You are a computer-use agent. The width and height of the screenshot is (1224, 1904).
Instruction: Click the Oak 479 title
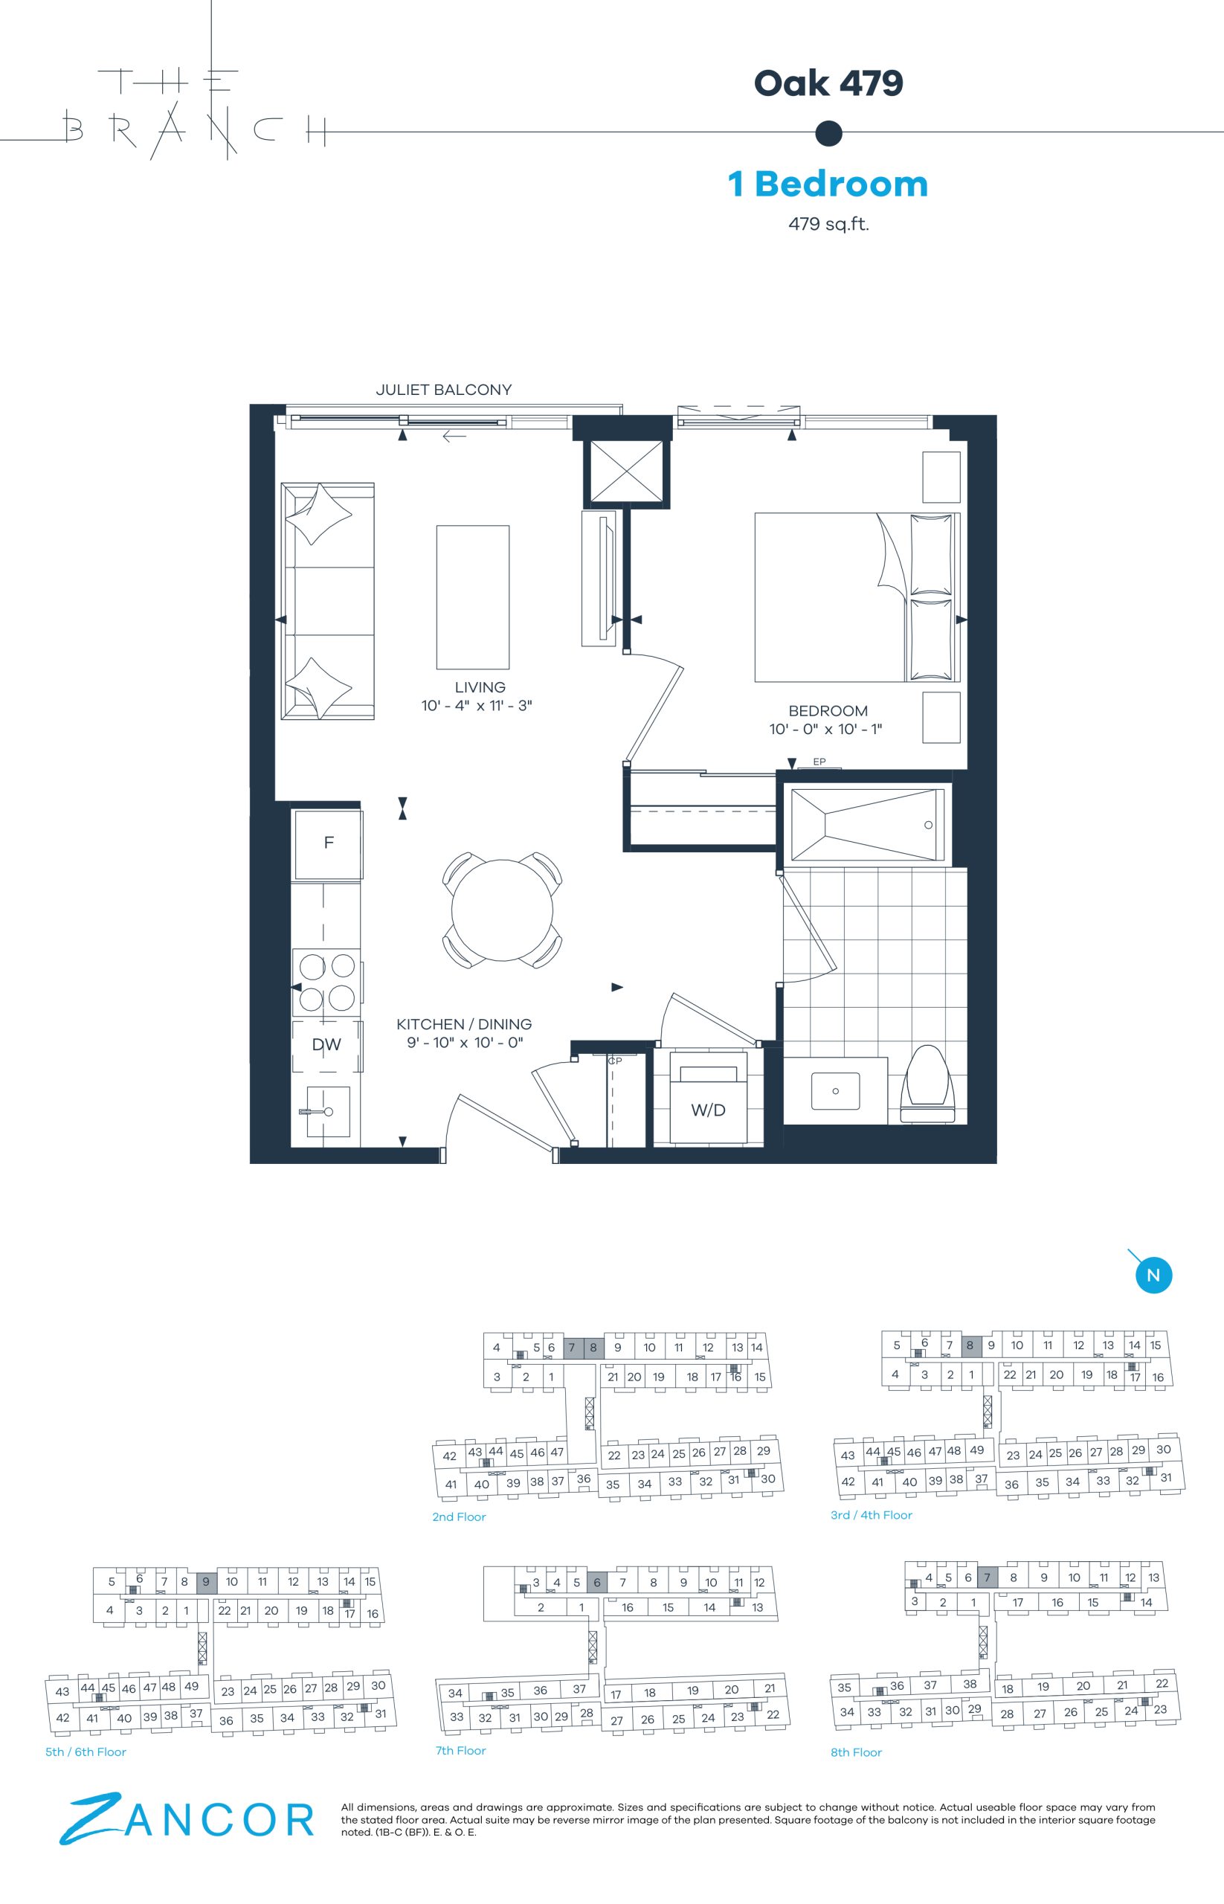point(828,83)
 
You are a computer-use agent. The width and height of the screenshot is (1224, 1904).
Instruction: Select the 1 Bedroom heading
point(828,184)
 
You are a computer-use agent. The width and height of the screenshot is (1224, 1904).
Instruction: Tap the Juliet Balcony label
point(443,390)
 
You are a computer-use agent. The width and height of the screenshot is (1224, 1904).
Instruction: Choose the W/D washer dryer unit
point(708,1098)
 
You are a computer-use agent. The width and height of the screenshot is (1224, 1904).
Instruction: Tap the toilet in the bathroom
point(927,1084)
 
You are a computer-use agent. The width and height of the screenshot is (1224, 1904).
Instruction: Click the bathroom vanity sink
point(835,1091)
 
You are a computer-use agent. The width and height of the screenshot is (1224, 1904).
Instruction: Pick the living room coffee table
point(473,597)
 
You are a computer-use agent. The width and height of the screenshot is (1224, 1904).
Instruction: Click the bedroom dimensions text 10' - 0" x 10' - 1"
point(826,729)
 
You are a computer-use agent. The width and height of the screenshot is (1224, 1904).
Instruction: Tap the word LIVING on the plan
point(480,687)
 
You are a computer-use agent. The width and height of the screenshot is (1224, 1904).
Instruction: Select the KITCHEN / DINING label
point(464,1024)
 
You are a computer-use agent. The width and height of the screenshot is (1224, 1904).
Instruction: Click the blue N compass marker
point(1153,1276)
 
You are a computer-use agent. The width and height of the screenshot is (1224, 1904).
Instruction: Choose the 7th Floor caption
point(460,1750)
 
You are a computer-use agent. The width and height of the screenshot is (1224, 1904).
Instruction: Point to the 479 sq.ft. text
point(828,223)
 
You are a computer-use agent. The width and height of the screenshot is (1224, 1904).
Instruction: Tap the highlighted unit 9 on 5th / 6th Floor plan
point(206,1581)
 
